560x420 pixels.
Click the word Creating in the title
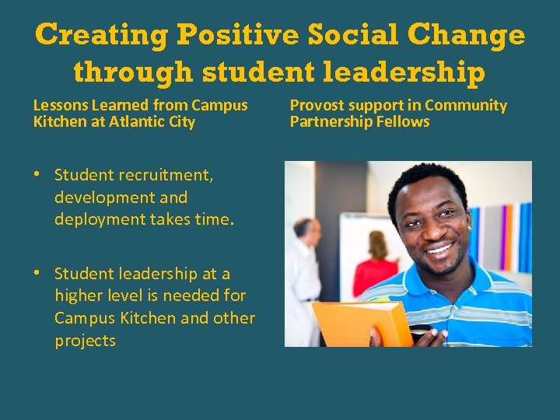(102, 36)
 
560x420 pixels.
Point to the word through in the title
(133, 72)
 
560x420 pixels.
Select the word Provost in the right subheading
(317, 105)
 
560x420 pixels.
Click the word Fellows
(404, 122)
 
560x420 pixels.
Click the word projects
(85, 341)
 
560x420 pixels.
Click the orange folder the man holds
(362, 323)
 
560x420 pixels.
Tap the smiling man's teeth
(439, 250)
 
